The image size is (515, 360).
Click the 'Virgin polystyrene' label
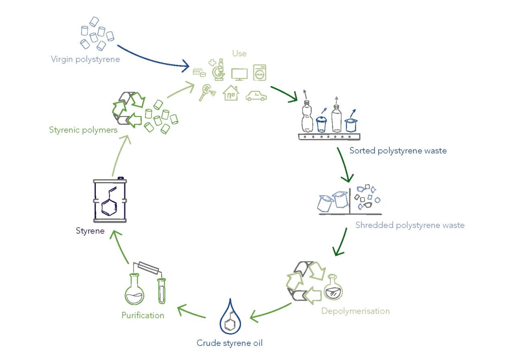[x=85, y=60]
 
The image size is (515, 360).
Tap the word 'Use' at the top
[x=239, y=53]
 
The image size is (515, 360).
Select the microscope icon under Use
[x=218, y=70]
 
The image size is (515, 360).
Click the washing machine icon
[x=260, y=72]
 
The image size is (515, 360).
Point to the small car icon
[x=256, y=96]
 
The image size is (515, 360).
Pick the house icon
[x=231, y=93]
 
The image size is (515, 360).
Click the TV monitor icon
[x=239, y=74]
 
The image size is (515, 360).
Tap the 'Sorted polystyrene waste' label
[x=398, y=151]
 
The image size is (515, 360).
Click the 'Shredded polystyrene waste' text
[x=410, y=225]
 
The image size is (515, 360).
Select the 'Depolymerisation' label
[x=355, y=311]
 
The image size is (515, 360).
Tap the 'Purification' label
[x=143, y=315]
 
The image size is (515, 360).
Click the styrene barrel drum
[x=110, y=200]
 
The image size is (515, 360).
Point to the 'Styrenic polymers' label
[x=83, y=130]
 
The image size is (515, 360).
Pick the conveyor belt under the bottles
[x=328, y=137]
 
